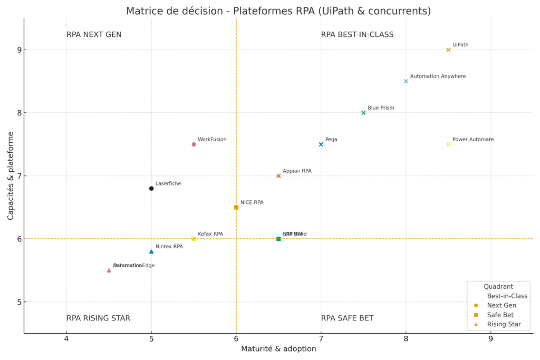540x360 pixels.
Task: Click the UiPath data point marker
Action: coord(448,50)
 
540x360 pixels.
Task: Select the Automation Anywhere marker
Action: coord(406,81)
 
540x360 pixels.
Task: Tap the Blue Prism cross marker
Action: coord(363,113)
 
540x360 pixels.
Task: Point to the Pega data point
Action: coord(321,144)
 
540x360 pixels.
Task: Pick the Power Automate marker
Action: coord(448,144)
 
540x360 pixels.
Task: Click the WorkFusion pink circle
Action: coord(194,144)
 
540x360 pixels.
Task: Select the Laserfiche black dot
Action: coord(151,188)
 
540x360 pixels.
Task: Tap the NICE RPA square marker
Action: coord(236,207)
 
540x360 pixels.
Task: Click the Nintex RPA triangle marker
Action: coord(151,251)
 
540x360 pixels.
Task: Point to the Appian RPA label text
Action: coord(297,171)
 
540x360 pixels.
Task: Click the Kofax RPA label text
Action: coord(210,234)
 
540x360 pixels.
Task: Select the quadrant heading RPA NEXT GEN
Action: coord(94,35)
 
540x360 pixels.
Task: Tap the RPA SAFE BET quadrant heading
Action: coord(347,318)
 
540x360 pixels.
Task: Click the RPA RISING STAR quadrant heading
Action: coord(98,318)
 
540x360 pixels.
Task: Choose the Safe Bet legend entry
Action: coord(502,315)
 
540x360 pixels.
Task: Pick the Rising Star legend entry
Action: coord(504,324)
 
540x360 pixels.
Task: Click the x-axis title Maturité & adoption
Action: coord(278,349)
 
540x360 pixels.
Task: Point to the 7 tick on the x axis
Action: coord(321,338)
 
